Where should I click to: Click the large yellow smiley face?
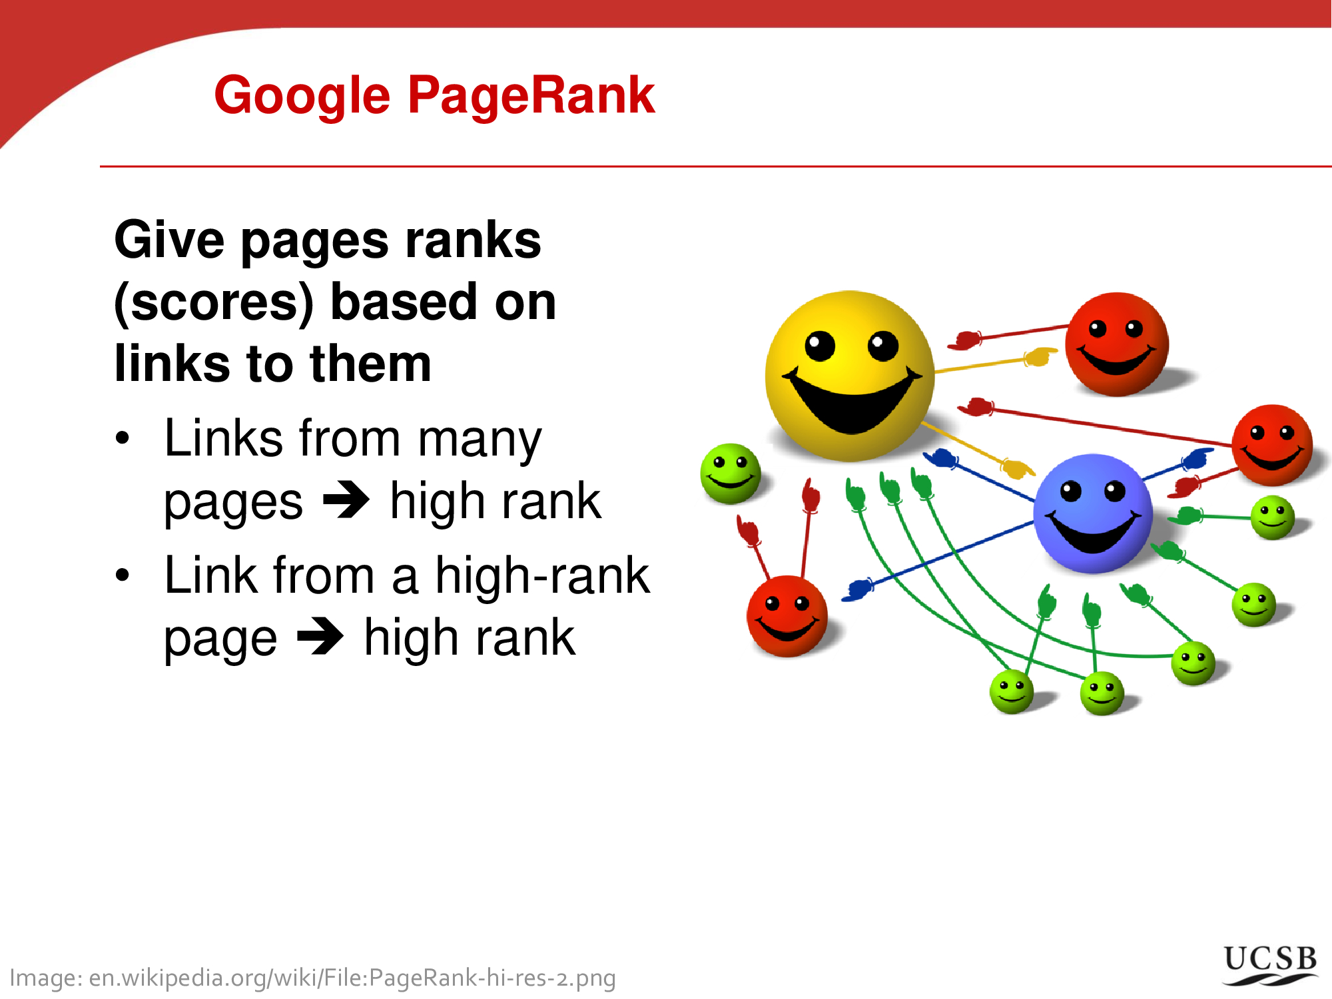(x=850, y=376)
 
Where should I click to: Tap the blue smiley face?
(x=1093, y=513)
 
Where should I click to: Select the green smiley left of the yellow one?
(x=731, y=474)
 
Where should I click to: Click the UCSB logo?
(x=1271, y=965)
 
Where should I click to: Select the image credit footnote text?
(x=312, y=978)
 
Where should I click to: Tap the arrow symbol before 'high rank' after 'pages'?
(x=346, y=499)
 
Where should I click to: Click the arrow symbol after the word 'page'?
(x=320, y=637)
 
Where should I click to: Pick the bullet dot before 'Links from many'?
(x=123, y=438)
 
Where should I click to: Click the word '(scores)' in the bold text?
(x=214, y=304)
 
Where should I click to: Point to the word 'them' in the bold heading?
(x=371, y=364)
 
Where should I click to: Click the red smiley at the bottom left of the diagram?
(x=787, y=617)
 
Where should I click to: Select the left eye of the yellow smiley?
(x=820, y=346)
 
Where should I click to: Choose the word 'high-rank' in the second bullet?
(x=542, y=575)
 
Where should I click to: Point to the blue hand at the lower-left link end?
(x=858, y=589)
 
